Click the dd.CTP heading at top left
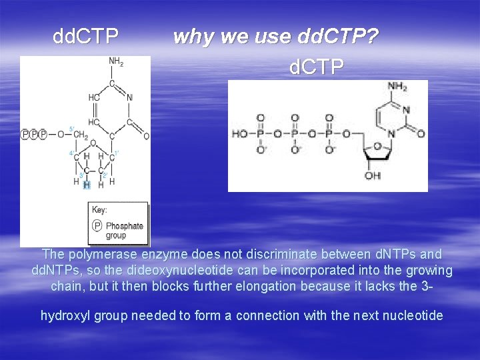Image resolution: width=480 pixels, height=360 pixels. [86, 35]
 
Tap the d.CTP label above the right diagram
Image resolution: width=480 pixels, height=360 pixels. [317, 67]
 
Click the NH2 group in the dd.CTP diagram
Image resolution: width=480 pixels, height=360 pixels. [116, 62]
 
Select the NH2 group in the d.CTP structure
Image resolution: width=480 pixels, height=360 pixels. [397, 87]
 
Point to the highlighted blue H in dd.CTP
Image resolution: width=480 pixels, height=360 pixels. [87, 185]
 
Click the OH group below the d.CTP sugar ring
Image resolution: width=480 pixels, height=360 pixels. [372, 176]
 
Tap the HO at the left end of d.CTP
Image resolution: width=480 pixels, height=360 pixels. [240, 134]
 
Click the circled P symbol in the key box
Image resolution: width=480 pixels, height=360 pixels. [97, 226]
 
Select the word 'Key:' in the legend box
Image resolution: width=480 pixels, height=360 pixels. [100, 209]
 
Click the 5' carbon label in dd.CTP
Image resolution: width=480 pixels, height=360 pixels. [71, 129]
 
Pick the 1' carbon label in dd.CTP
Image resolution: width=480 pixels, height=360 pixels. [116, 153]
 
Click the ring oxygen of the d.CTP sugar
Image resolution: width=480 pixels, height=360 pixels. [377, 146]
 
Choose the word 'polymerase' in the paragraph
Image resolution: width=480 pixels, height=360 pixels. [97, 255]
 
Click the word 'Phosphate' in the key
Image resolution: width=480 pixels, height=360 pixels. [124, 226]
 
